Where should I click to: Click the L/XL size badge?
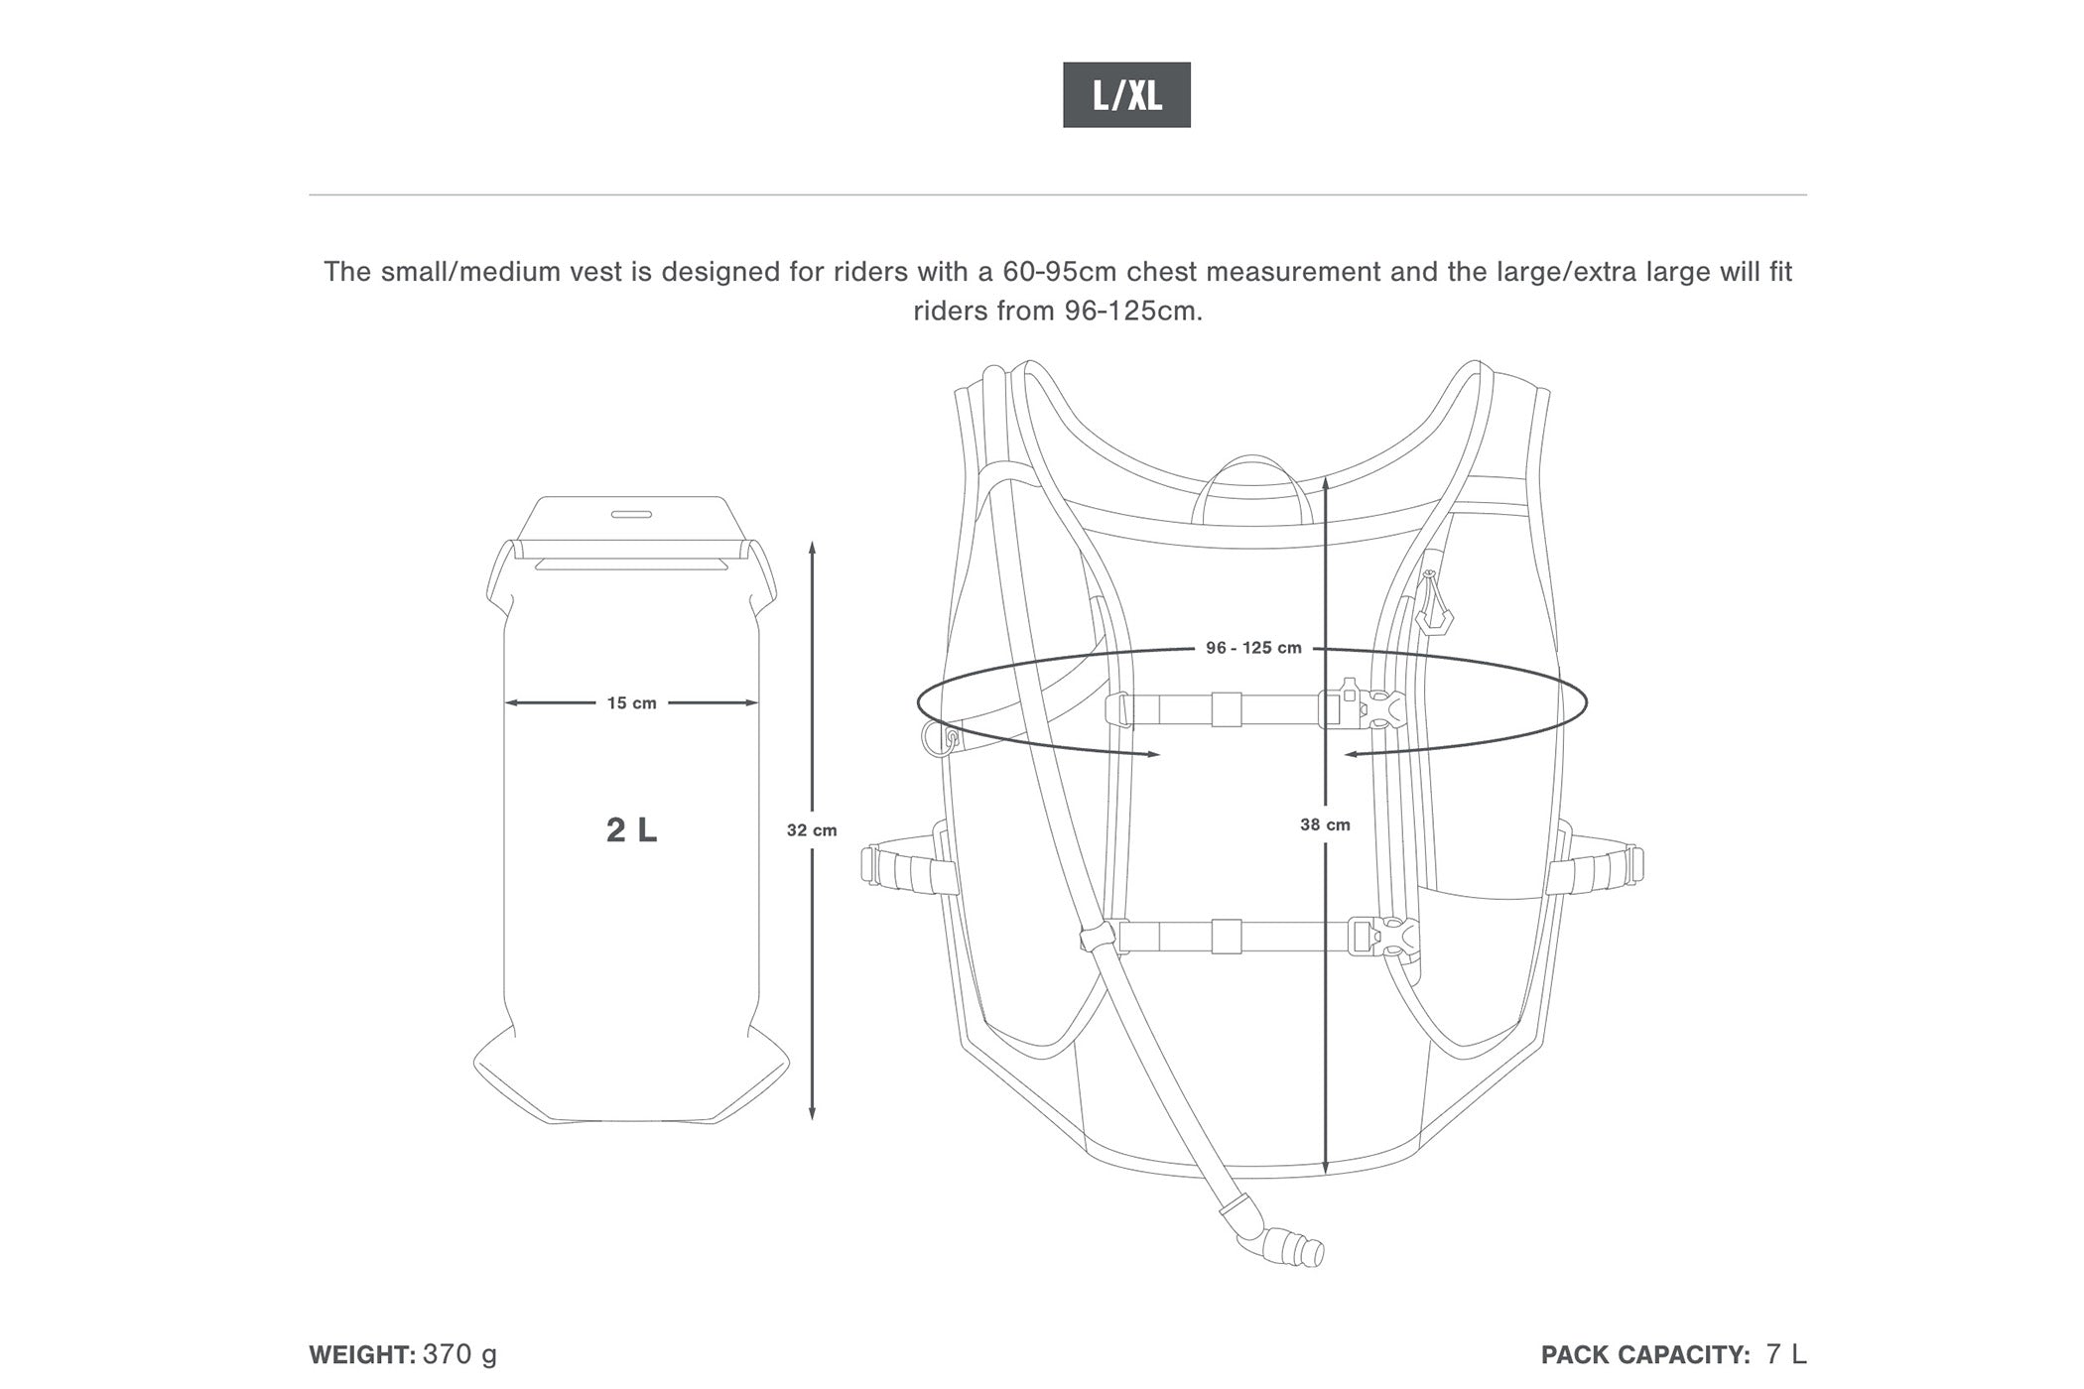pyautogui.click(x=1126, y=95)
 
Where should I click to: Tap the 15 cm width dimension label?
pyautogui.click(x=632, y=703)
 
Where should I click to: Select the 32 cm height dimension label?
pyautogui.click(x=812, y=830)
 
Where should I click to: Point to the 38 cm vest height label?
pyautogui.click(x=1325, y=824)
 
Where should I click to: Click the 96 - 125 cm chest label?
pyautogui.click(x=1253, y=648)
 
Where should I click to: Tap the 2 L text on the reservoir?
pyautogui.click(x=632, y=829)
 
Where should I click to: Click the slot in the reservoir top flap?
pyautogui.click(x=631, y=514)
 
